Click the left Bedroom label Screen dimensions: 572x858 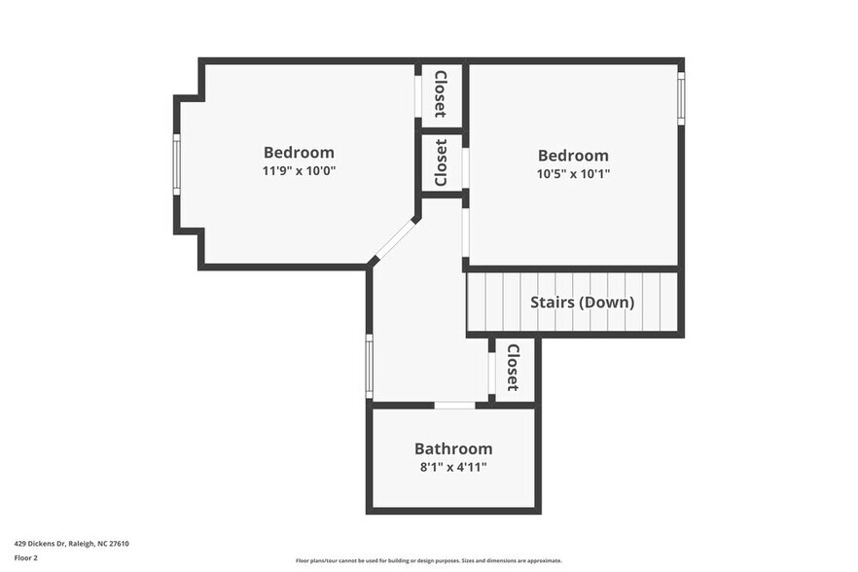pos(299,153)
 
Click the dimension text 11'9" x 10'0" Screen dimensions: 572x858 pos(299,171)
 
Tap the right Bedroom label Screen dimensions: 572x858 pos(573,156)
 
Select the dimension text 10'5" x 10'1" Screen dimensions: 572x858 pos(573,174)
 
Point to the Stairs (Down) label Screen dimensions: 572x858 pos(582,303)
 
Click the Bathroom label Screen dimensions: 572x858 pos(453,449)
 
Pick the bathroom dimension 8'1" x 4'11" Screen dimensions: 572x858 pos(453,468)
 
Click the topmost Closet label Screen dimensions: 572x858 pos(441,93)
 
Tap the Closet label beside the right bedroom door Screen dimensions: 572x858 pos(441,162)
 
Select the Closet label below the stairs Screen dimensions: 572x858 pos(513,367)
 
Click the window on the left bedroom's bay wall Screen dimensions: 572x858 pos(177,164)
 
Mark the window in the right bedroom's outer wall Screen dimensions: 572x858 pos(681,99)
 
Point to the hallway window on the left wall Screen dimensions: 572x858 pos(369,367)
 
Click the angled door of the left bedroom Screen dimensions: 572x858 pos(394,239)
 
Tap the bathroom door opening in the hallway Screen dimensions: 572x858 pos(454,405)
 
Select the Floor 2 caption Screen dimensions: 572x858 pos(26,558)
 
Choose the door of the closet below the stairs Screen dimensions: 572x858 pos(491,370)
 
